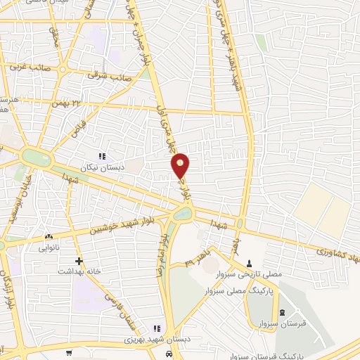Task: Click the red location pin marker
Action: pos(181,165)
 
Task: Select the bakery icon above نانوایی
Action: pos(49,238)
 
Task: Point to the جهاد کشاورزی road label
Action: pos(337,254)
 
